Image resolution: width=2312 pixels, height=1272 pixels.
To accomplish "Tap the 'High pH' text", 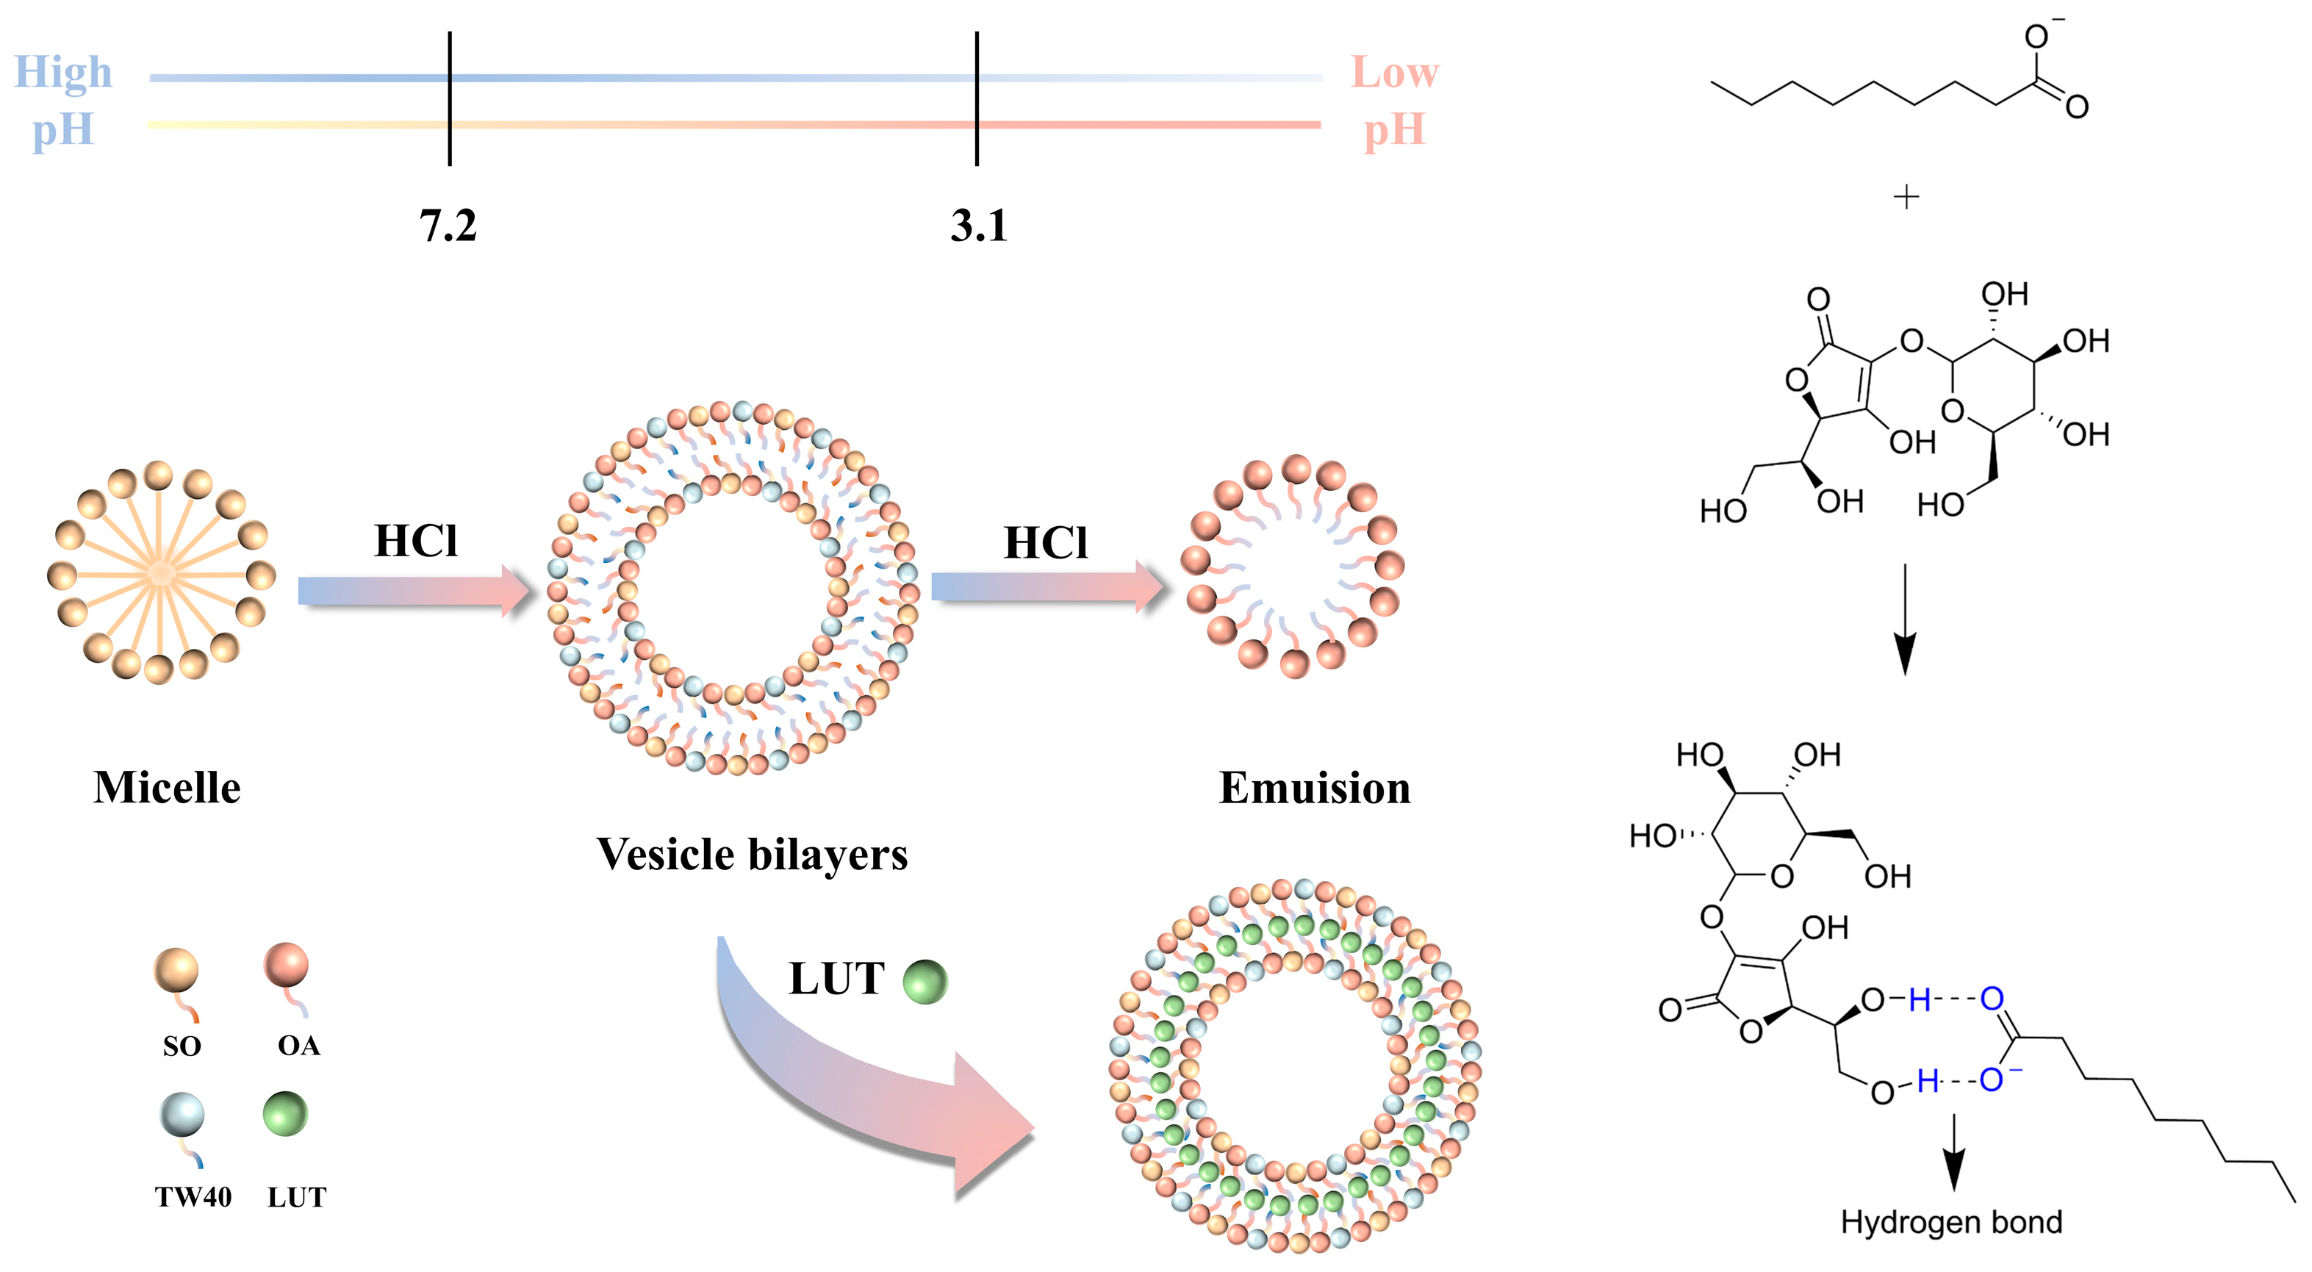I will click(x=62, y=100).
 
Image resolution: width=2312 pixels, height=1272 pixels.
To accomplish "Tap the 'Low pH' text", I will click(x=1394, y=100).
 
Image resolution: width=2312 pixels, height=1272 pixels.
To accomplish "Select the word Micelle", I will click(x=167, y=787).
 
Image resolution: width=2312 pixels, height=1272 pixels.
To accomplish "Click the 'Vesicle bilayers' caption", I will click(x=752, y=854).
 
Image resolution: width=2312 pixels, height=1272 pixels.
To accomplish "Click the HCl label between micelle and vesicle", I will click(x=415, y=542).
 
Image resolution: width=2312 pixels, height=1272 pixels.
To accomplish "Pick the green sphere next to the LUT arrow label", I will click(x=925, y=981).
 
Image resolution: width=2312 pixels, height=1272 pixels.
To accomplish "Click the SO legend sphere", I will click(x=176, y=971).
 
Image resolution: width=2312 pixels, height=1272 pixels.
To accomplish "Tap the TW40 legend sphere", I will click(x=182, y=1115).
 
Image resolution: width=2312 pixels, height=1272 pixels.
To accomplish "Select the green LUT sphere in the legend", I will click(x=285, y=1114).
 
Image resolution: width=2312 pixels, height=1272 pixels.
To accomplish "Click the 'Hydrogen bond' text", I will click(x=1951, y=1223).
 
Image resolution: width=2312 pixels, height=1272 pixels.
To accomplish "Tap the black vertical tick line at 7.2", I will click(x=450, y=98).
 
